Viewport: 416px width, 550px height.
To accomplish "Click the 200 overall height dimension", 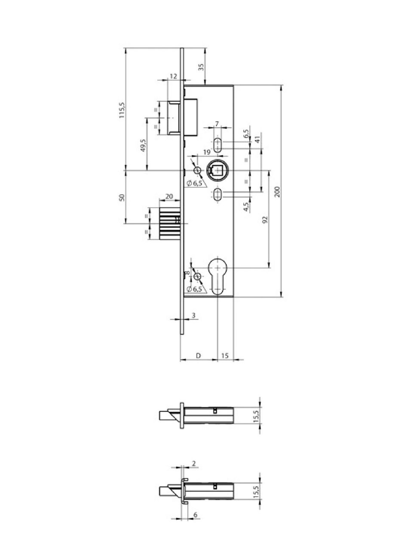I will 277,191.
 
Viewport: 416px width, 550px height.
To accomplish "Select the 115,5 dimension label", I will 122,110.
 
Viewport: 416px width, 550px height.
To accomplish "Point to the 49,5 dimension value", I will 143,147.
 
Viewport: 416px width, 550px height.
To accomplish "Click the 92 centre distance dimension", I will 265,219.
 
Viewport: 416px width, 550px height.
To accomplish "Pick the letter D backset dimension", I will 198,355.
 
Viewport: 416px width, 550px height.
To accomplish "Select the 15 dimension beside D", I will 225,355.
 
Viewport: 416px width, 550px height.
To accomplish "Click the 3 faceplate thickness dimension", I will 193,316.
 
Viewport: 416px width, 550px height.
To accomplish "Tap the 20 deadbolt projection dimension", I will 169,196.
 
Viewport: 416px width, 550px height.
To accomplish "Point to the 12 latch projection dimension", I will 173,76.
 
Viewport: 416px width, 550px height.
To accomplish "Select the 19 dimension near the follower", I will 206,152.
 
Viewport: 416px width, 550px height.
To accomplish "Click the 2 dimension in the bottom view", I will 194,463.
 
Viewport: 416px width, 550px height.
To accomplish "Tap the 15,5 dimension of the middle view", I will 257,416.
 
